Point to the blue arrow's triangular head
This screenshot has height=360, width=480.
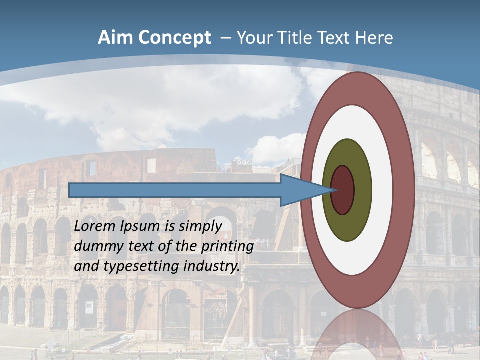300,190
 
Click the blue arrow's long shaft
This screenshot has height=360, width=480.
175,190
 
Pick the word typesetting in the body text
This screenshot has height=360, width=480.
138,267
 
